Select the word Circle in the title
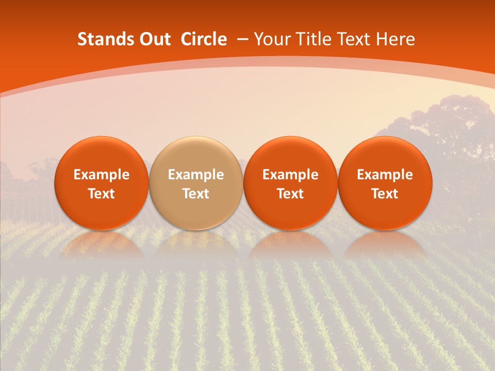coord(204,39)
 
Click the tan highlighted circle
coord(196,183)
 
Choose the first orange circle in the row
coord(102,183)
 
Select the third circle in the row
coord(290,183)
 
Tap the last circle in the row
coord(385,183)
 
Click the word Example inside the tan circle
coord(196,175)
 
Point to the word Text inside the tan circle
coord(196,194)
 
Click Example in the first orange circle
coord(102,175)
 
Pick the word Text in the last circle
coord(385,194)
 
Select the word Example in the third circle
coord(290,175)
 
